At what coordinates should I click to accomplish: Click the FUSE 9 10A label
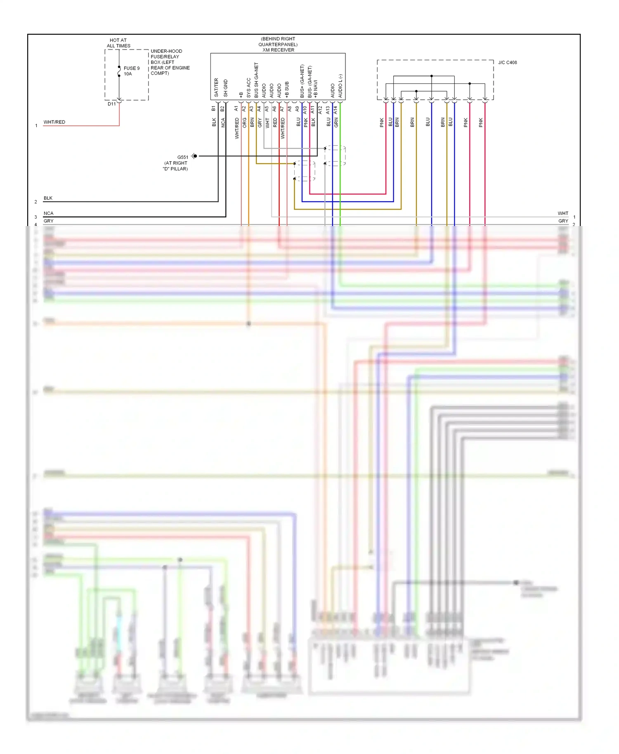(131, 71)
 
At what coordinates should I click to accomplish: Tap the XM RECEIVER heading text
(278, 50)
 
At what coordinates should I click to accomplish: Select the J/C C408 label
(507, 63)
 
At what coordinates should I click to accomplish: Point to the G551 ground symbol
(194, 156)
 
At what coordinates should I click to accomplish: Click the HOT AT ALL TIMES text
(118, 43)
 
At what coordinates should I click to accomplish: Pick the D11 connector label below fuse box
(112, 104)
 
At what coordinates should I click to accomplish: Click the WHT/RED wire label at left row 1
(54, 122)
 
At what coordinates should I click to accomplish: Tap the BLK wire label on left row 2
(48, 198)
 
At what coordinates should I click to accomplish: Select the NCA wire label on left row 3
(48, 213)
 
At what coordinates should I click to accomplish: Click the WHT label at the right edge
(563, 213)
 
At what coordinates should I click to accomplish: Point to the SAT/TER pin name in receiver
(216, 87)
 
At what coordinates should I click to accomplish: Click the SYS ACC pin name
(248, 87)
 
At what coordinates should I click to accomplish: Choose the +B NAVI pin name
(316, 89)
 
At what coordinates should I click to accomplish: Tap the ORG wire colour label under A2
(244, 123)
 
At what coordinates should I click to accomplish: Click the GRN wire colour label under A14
(336, 123)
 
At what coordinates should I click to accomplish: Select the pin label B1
(213, 108)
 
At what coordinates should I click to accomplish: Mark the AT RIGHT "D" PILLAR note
(175, 166)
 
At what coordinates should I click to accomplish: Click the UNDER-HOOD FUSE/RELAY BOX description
(170, 62)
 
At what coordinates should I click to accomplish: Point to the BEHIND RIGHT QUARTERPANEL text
(278, 42)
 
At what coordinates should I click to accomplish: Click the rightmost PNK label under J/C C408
(481, 123)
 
